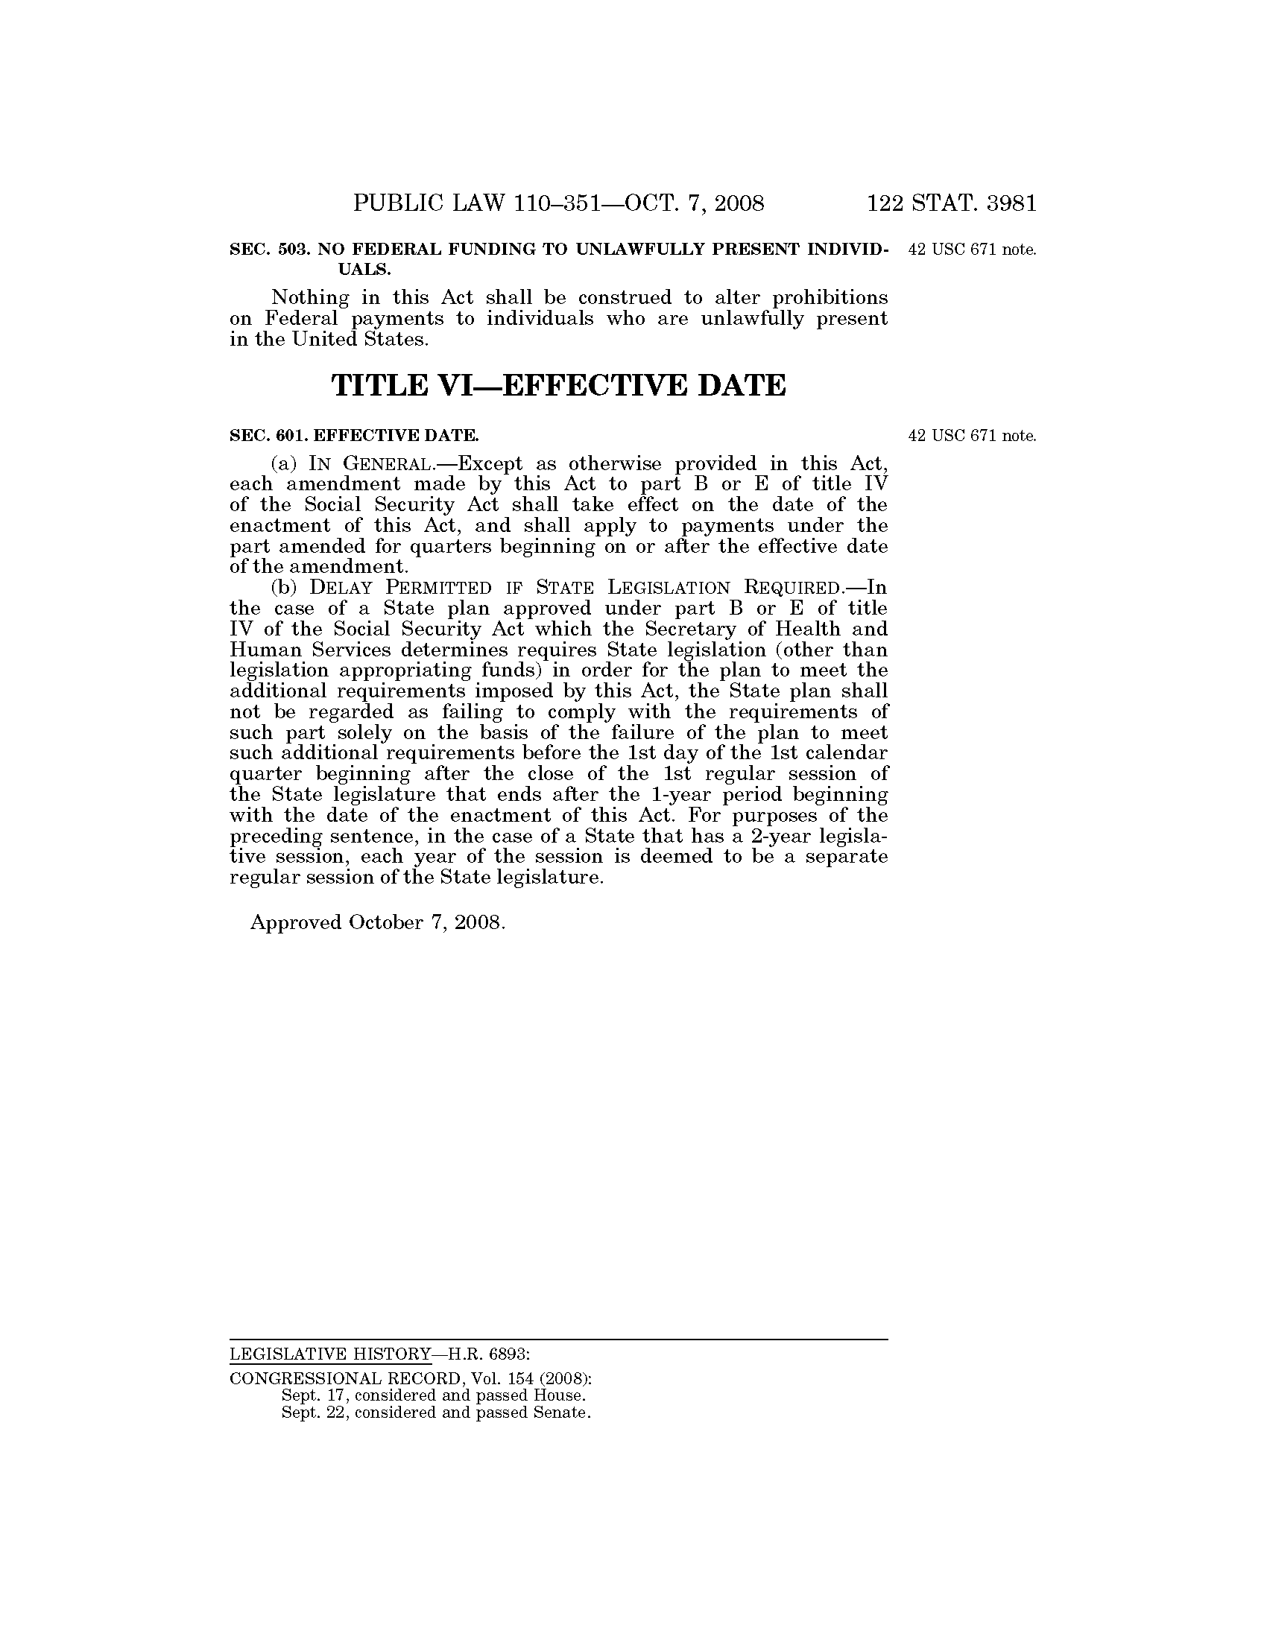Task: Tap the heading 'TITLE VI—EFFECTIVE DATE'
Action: coord(558,385)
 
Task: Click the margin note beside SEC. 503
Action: coord(972,250)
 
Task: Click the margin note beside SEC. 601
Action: coord(972,436)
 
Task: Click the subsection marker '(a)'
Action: coord(285,464)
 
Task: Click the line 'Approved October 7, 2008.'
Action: coord(378,922)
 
